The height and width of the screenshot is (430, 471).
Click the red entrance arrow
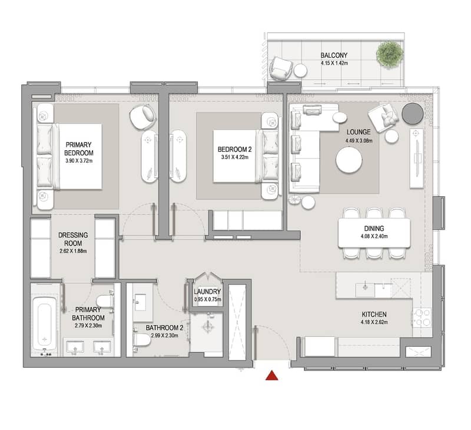coord(272,376)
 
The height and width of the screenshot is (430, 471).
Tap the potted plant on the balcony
coord(390,55)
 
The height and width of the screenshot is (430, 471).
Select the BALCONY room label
coord(334,55)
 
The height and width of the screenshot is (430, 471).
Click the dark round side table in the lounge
coord(413,114)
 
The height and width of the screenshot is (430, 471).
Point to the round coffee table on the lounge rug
coord(349,160)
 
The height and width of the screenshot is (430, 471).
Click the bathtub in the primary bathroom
coord(45,323)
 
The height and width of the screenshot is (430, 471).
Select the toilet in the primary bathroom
coord(105,302)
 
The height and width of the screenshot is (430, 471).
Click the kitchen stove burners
coord(422,318)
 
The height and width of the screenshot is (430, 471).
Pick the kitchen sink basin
coord(365,290)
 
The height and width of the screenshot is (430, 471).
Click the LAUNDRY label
coord(207,292)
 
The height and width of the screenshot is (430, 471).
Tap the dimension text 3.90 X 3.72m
coord(79,161)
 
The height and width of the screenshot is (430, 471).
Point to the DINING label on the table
coord(374,229)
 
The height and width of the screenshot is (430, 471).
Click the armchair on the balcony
coord(281,68)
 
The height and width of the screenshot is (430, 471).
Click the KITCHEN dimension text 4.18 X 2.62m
coord(374,322)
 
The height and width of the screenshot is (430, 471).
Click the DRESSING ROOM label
coord(73,239)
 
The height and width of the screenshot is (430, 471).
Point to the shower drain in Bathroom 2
coord(208,326)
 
